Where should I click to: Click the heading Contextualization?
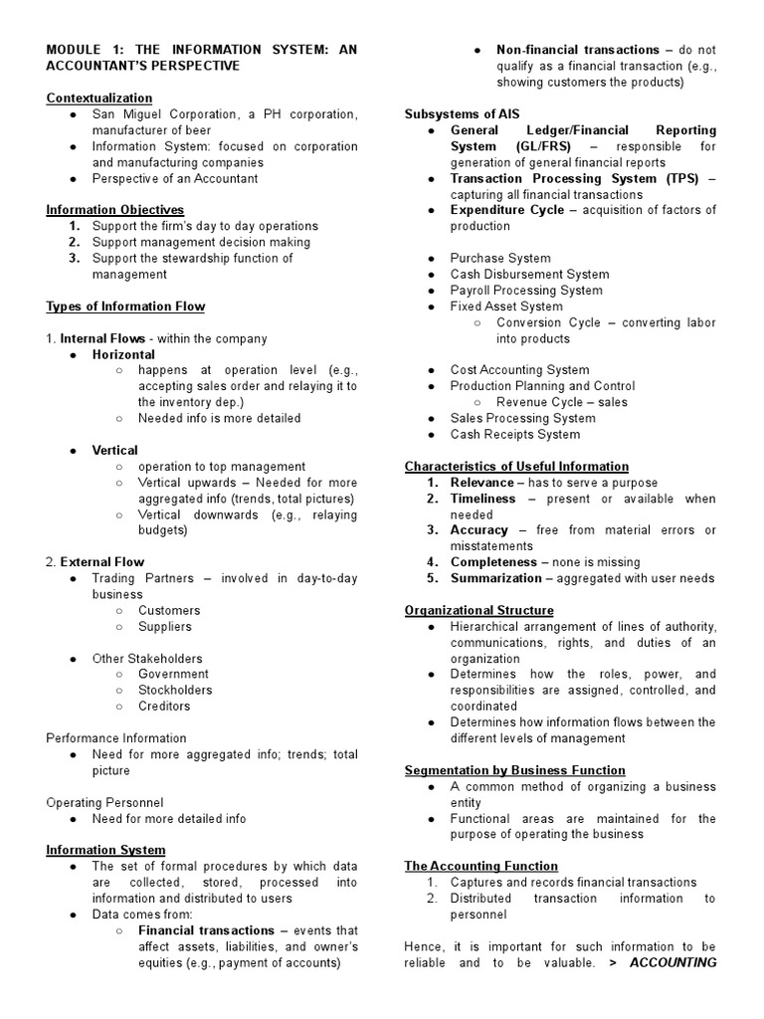tap(99, 98)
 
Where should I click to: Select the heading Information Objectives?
tap(115, 210)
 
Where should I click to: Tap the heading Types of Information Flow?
tap(125, 306)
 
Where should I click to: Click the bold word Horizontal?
tap(123, 354)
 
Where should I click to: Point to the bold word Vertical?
tap(114, 450)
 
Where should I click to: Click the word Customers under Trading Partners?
tap(169, 610)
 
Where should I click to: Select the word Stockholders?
tap(175, 690)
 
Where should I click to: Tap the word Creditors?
tap(164, 706)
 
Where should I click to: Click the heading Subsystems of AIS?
tap(462, 113)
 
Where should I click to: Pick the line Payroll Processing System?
tap(526, 290)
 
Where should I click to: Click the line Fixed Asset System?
tap(506, 306)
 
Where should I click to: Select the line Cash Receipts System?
tap(515, 434)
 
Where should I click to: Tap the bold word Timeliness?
tap(483, 498)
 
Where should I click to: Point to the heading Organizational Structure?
tap(478, 610)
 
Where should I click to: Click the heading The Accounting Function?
tap(480, 866)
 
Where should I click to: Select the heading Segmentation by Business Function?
tap(514, 769)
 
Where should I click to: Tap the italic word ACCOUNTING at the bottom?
tap(673, 962)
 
